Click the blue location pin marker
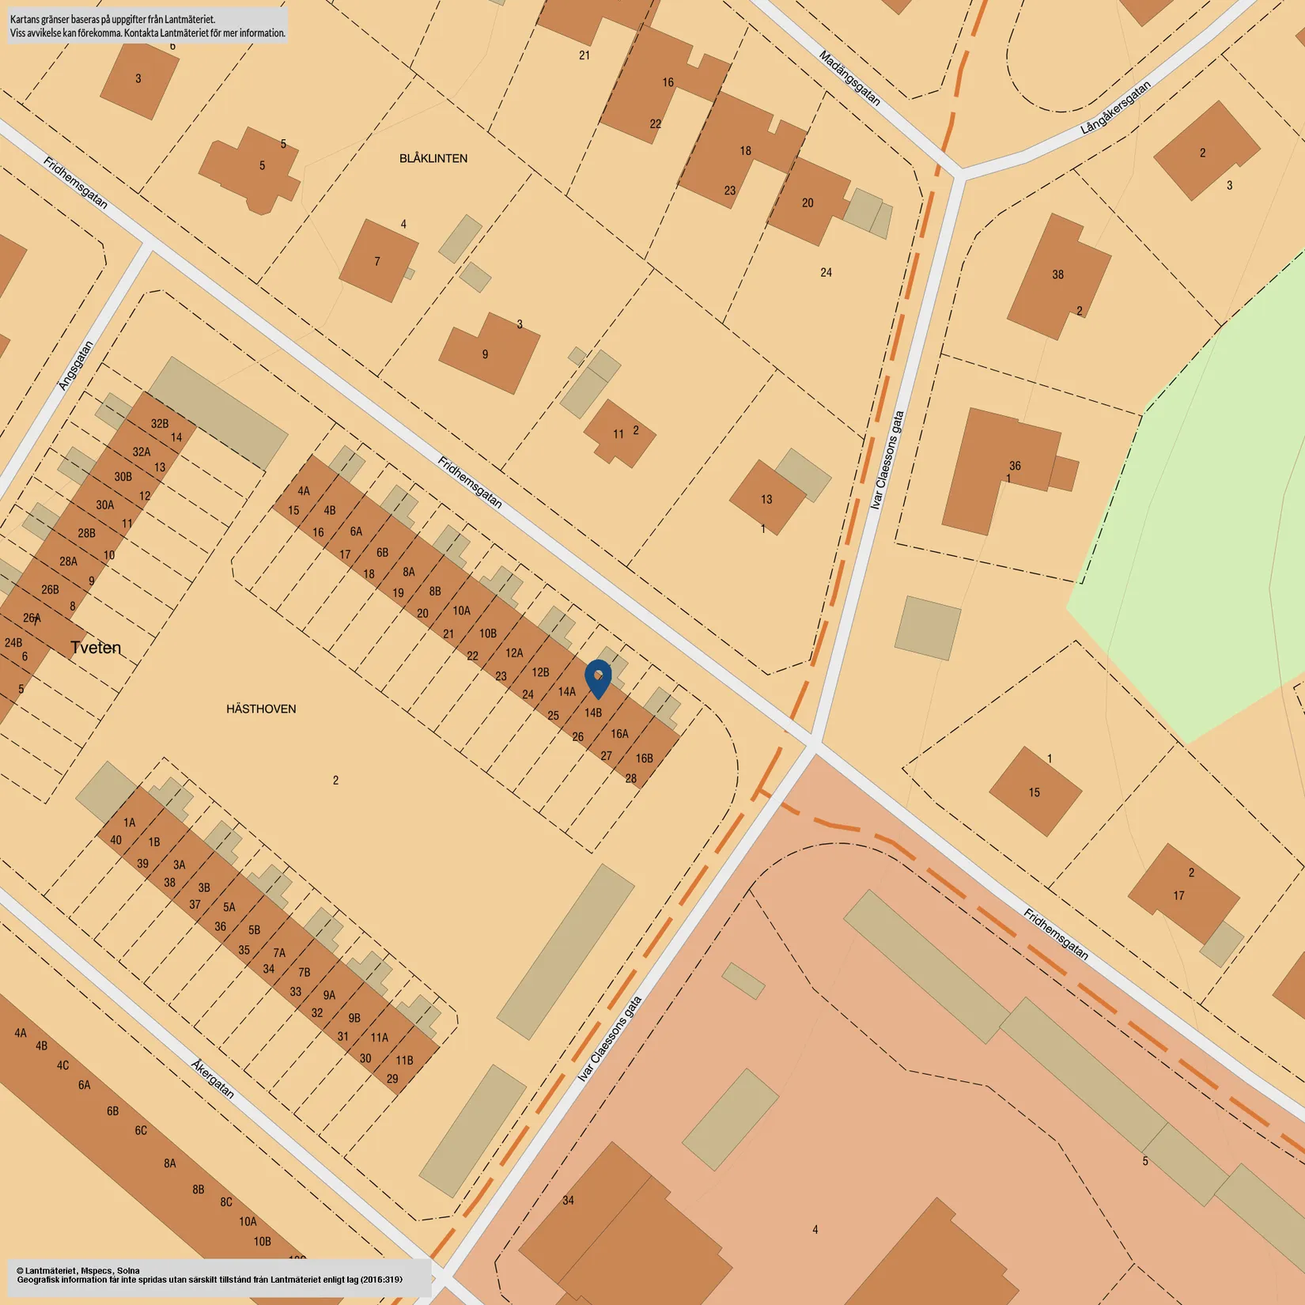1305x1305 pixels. [x=598, y=678]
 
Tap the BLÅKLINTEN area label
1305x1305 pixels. [x=433, y=158]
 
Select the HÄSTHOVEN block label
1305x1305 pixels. [x=261, y=709]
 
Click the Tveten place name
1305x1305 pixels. [x=96, y=648]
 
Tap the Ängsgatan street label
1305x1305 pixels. [x=76, y=365]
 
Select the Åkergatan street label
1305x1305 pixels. [x=213, y=1079]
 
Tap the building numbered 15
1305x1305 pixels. [x=1034, y=792]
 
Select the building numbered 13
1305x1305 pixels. [x=766, y=499]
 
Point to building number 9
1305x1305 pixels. [x=485, y=354]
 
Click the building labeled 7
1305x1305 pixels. [x=377, y=261]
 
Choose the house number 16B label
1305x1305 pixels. [x=645, y=758]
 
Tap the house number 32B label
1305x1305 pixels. [x=160, y=423]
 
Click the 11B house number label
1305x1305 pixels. [x=404, y=1060]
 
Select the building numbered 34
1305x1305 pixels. [x=568, y=1200]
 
